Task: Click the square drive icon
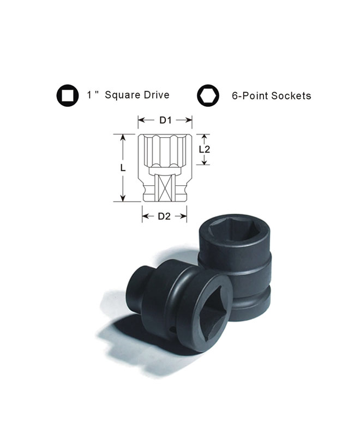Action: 67,95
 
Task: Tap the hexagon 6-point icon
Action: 208,95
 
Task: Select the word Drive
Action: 157,95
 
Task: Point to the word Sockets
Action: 291,96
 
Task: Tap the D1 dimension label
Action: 165,120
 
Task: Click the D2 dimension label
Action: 164,216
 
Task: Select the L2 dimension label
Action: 205,149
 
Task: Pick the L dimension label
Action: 123,168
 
